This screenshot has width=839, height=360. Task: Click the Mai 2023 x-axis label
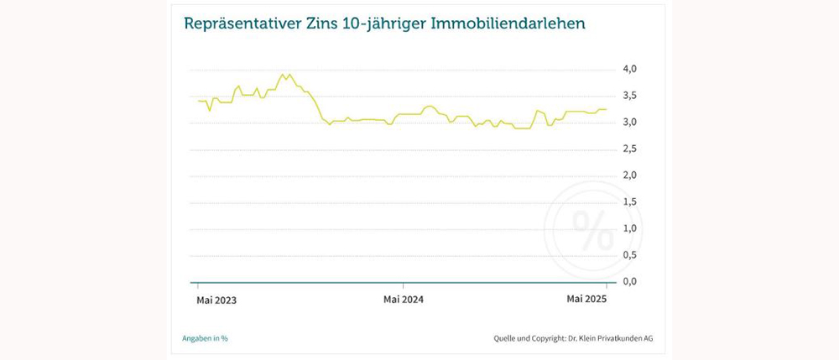pos(216,300)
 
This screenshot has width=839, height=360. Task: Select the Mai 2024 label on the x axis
pos(403,300)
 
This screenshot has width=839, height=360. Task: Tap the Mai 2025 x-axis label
pos(586,299)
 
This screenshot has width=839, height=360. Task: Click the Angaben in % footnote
pos(205,338)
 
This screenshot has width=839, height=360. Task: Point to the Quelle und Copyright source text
pos(573,338)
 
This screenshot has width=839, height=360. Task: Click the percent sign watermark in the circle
pos(592,230)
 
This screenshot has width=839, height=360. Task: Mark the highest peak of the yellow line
pos(289,74)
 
